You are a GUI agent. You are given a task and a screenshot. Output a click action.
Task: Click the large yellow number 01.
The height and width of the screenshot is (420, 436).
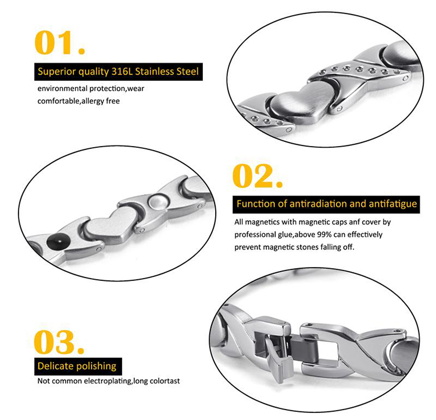[60, 42]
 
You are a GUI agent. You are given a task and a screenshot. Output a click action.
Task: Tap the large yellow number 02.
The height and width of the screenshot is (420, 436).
[258, 176]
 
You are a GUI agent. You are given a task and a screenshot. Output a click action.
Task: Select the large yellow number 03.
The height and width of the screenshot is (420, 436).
[59, 342]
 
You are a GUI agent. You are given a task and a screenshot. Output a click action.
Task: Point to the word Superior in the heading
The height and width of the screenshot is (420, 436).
[57, 72]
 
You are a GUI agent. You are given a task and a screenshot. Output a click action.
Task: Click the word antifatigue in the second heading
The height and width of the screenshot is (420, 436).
[393, 204]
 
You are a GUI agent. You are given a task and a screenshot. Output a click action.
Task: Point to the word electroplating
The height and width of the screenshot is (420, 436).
[108, 381]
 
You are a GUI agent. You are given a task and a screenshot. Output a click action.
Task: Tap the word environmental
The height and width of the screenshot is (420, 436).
[63, 88]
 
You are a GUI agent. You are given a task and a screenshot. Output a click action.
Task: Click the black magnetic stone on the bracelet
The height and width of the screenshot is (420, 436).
[58, 240]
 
